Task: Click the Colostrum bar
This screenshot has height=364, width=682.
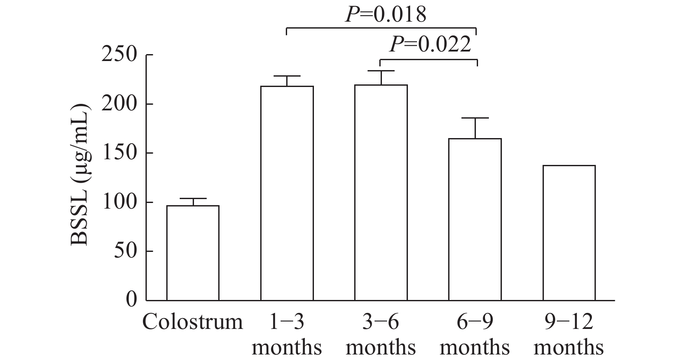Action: coord(193,253)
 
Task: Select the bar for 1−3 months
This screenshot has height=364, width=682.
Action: coord(287,193)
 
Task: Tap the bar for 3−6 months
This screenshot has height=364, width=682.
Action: coord(381,193)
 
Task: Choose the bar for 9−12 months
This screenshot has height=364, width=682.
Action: coord(569,233)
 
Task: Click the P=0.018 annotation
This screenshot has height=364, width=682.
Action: coord(385,14)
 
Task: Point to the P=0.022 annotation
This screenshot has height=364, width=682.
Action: coord(430,44)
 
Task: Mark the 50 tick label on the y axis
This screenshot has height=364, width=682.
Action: coord(125,251)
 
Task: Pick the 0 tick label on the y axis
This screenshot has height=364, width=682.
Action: coord(131,300)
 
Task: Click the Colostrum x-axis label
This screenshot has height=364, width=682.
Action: coord(193,322)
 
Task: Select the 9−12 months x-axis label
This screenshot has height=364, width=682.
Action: coord(569,335)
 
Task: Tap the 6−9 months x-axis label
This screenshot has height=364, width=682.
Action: coord(475,335)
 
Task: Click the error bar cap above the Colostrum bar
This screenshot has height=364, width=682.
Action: coord(193,198)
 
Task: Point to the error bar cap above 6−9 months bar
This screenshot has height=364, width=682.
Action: coord(475,118)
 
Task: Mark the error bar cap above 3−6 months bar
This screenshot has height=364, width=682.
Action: coord(381,71)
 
